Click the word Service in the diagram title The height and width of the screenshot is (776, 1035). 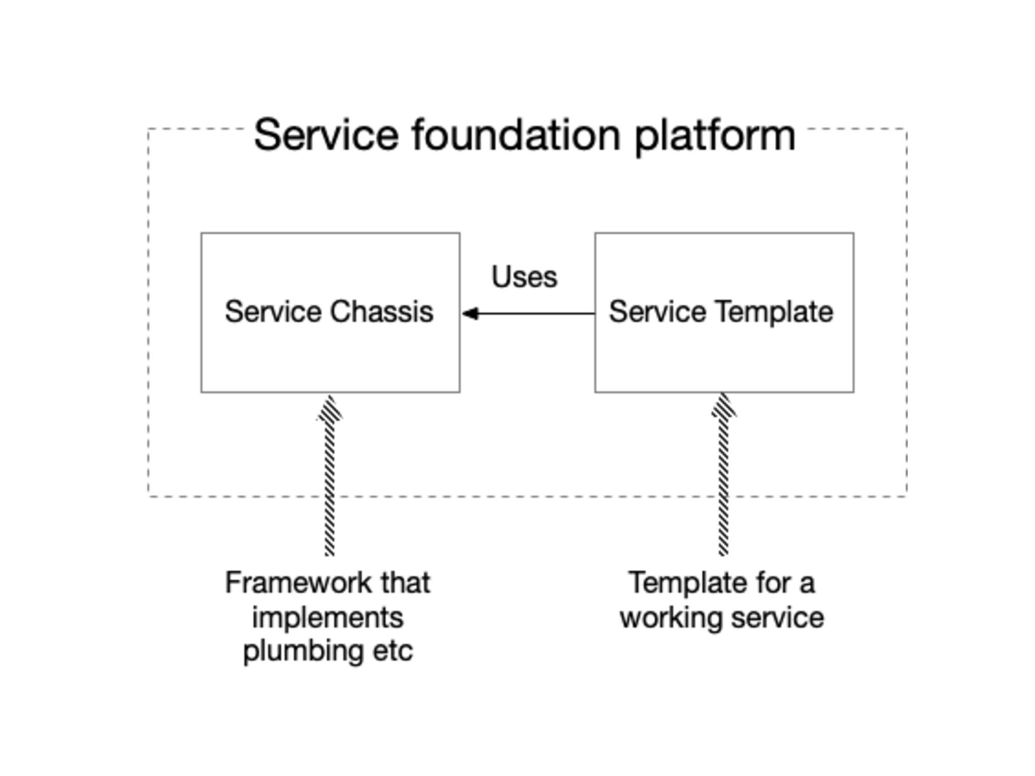pyautogui.click(x=326, y=135)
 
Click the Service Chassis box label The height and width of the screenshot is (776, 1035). pyautogui.click(x=329, y=311)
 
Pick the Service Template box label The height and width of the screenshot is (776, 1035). pyautogui.click(x=721, y=312)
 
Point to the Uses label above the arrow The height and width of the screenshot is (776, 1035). pyautogui.click(x=525, y=277)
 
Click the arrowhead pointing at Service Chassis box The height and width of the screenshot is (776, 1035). pyautogui.click(x=471, y=313)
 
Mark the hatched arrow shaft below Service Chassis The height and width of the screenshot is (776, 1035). pyautogui.click(x=329, y=488)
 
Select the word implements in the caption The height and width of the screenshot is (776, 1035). pyautogui.click(x=328, y=618)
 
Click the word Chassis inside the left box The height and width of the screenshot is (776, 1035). pyautogui.click(x=382, y=311)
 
